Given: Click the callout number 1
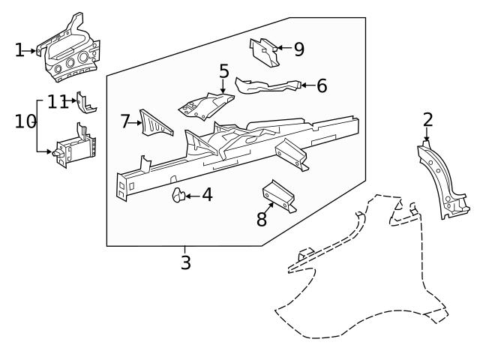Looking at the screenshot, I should [x=19, y=50].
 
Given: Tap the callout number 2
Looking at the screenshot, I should [x=427, y=119].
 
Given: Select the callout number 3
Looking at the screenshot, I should [x=185, y=262].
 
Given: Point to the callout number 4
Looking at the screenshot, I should [x=206, y=196].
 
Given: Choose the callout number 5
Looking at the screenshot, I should [x=223, y=71].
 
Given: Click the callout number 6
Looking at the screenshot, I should [x=321, y=86].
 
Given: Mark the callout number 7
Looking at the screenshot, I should [x=125, y=121].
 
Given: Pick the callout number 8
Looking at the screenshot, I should [x=261, y=219].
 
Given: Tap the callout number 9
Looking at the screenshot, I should [x=298, y=49].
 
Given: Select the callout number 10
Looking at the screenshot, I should [x=25, y=121].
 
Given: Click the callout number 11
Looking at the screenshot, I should [x=58, y=101].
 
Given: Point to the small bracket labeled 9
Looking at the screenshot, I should [x=262, y=53].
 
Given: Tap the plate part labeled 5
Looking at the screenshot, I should [x=204, y=104].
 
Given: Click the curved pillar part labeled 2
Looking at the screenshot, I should [x=441, y=181].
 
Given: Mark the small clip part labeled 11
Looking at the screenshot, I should [x=86, y=103].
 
